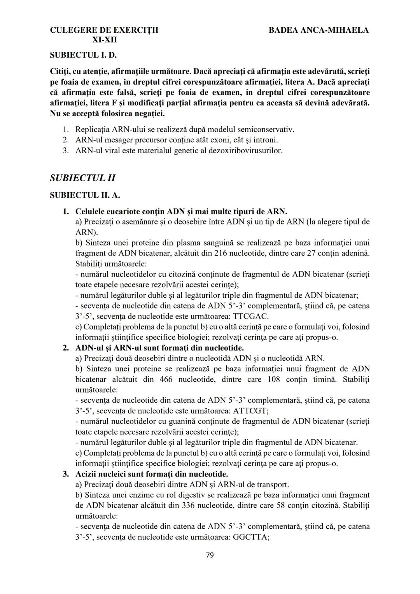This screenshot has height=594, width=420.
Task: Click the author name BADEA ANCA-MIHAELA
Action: point(318,30)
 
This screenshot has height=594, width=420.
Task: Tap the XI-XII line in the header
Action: point(104,40)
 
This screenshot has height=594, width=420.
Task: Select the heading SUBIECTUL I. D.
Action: point(83,55)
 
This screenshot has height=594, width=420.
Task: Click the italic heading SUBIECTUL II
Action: point(82,178)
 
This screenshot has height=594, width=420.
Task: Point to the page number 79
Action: point(210,555)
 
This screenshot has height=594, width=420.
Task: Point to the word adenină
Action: point(353,253)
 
